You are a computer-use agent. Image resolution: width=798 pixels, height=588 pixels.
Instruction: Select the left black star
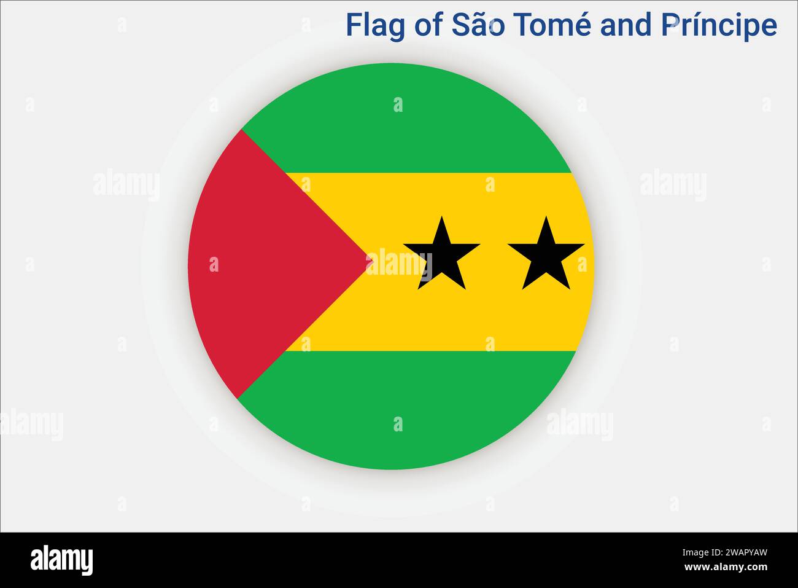tap(441, 256)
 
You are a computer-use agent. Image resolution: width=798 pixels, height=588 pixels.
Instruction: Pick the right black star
tap(546, 256)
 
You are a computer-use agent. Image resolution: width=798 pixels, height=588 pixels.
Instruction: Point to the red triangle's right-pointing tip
tap(371, 262)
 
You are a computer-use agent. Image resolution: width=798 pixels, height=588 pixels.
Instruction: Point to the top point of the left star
tap(441, 217)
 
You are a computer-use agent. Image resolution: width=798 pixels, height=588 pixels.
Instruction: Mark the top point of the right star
tap(546, 217)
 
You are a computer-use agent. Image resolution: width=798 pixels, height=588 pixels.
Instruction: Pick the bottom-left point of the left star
tap(419, 288)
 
